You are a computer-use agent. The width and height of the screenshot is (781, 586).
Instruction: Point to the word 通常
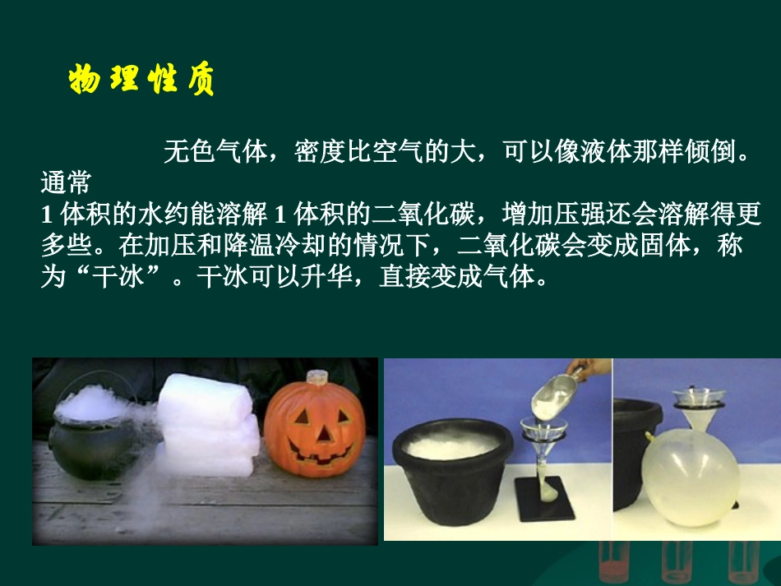pyautogui.click(x=65, y=182)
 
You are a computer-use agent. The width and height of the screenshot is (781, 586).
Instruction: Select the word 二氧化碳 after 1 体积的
pyautogui.click(x=411, y=215)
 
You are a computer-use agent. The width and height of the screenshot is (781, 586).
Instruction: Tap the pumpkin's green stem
pyautogui.click(x=317, y=379)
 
